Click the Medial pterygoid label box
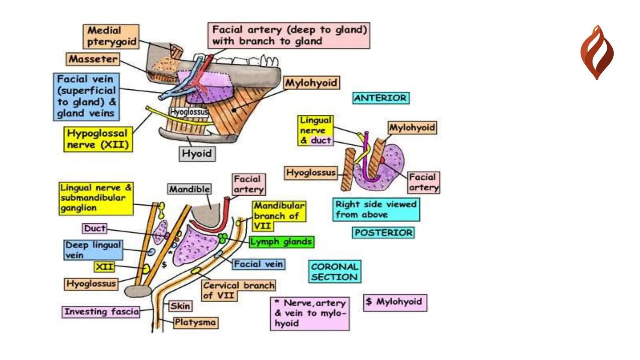pyautogui.click(x=111, y=37)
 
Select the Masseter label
pyautogui.click(x=93, y=59)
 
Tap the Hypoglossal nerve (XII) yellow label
pyautogui.click(x=98, y=139)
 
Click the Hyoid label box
pyautogui.click(x=197, y=154)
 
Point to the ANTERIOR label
pyautogui.click(x=380, y=98)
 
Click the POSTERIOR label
pyautogui.click(x=383, y=233)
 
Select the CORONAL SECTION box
pyautogui.click(x=334, y=272)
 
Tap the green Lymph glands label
pyautogui.click(x=281, y=242)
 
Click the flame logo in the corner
pyautogui.click(x=597, y=52)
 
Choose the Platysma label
pyautogui.click(x=195, y=322)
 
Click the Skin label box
pyautogui.click(x=180, y=306)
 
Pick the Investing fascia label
pyautogui.click(x=101, y=312)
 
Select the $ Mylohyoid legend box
pyautogui.click(x=395, y=302)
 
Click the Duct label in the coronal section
pyautogui.click(x=94, y=228)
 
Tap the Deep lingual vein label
pyautogui.click(x=93, y=250)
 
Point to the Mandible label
pyautogui.click(x=189, y=189)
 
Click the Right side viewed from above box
pyautogui.click(x=376, y=209)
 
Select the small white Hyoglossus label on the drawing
pyautogui.click(x=189, y=112)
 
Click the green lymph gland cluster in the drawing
pyautogui.click(x=223, y=238)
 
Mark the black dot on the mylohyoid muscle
pyautogui.click(x=234, y=110)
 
